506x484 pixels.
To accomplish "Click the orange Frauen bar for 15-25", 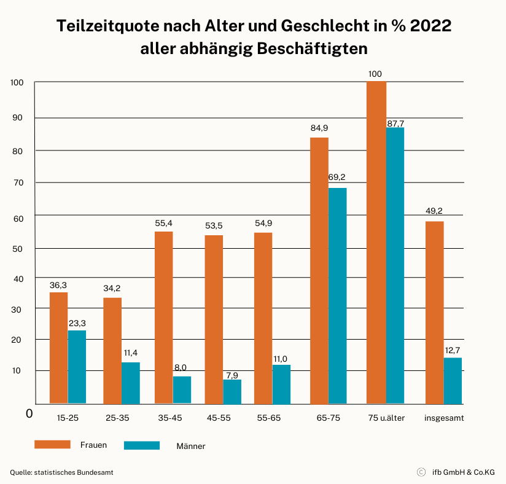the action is pyautogui.click(x=58, y=348).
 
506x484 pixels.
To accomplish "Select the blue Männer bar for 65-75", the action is pyautogui.click(x=338, y=296).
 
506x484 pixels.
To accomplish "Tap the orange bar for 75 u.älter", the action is pyautogui.click(x=376, y=243).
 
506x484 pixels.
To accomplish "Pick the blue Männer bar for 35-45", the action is pyautogui.click(x=182, y=390).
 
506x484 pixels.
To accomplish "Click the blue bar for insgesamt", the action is pyautogui.click(x=453, y=381).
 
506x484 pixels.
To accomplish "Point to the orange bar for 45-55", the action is pyautogui.click(x=214, y=319).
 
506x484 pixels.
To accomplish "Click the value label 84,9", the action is pyautogui.click(x=319, y=128).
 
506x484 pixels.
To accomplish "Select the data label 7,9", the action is pyautogui.click(x=232, y=375).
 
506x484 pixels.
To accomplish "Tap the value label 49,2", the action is pyautogui.click(x=434, y=211).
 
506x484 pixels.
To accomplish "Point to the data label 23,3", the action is pyautogui.click(x=77, y=323).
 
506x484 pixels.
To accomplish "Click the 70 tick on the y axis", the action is pyautogui.click(x=18, y=183).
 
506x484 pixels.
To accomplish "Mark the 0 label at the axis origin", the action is pyautogui.click(x=29, y=413).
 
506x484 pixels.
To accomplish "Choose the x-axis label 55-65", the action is pyautogui.click(x=269, y=418).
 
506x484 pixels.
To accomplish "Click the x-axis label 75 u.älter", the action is pyautogui.click(x=386, y=418).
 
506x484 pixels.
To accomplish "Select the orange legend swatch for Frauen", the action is pyautogui.click(x=52, y=444).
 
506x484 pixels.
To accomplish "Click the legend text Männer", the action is pyautogui.click(x=191, y=446).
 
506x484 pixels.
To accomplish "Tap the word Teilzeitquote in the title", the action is pyautogui.click(x=108, y=26).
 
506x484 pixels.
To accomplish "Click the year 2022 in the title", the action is pyautogui.click(x=430, y=26).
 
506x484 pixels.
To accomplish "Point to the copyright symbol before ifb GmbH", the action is pyautogui.click(x=421, y=472).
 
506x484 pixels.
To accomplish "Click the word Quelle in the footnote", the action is pyautogui.click(x=21, y=472).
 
